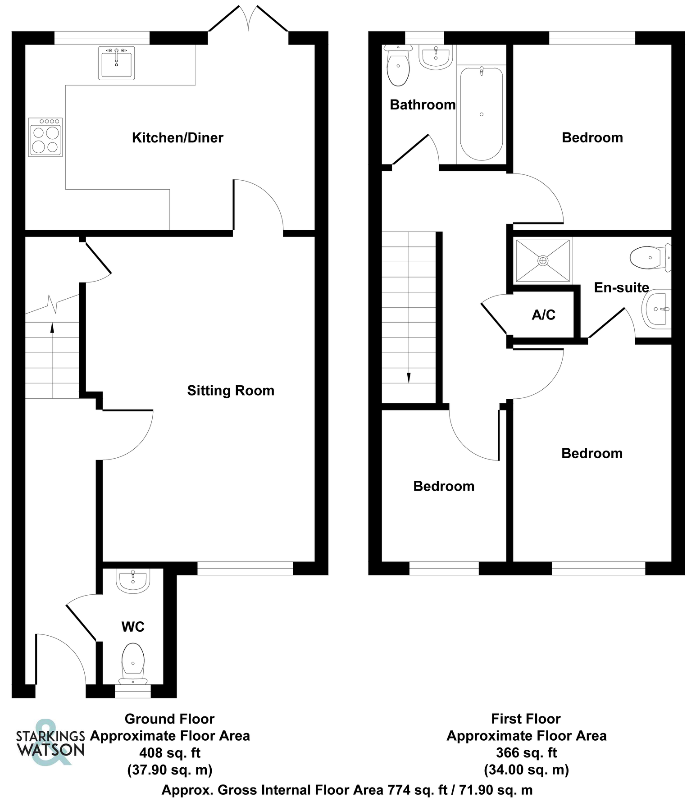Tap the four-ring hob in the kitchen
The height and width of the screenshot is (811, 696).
tap(45, 137)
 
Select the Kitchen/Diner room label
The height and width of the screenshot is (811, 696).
tap(177, 137)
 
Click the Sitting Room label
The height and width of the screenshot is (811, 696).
tap(231, 390)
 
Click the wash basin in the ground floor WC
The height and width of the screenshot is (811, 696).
tap(133, 581)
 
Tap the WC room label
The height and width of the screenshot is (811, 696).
tap(133, 627)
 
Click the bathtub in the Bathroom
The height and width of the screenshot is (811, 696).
tap(481, 114)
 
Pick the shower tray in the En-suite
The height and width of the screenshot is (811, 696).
tap(543, 260)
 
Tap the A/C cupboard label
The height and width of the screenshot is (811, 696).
tap(544, 315)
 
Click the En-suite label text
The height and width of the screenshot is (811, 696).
tap(621, 287)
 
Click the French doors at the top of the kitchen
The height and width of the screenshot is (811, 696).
tap(248, 20)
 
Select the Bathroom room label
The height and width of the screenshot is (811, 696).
tap(423, 105)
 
